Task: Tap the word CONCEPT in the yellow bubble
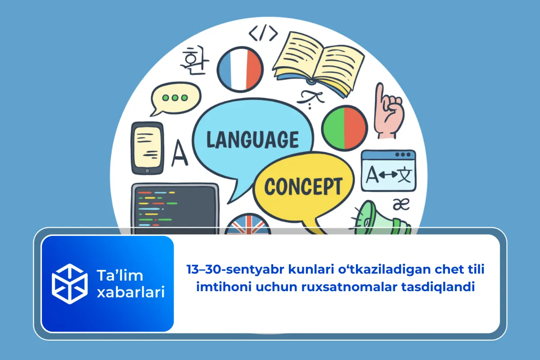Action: [303, 186]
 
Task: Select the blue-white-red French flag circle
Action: [240, 68]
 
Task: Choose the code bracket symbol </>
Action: [263, 32]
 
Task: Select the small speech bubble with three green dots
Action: [175, 99]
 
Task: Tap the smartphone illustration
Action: [147, 148]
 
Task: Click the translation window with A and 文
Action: [388, 171]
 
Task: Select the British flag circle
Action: [247, 225]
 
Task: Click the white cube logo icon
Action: [69, 283]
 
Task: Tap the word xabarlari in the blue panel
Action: [130, 292]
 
